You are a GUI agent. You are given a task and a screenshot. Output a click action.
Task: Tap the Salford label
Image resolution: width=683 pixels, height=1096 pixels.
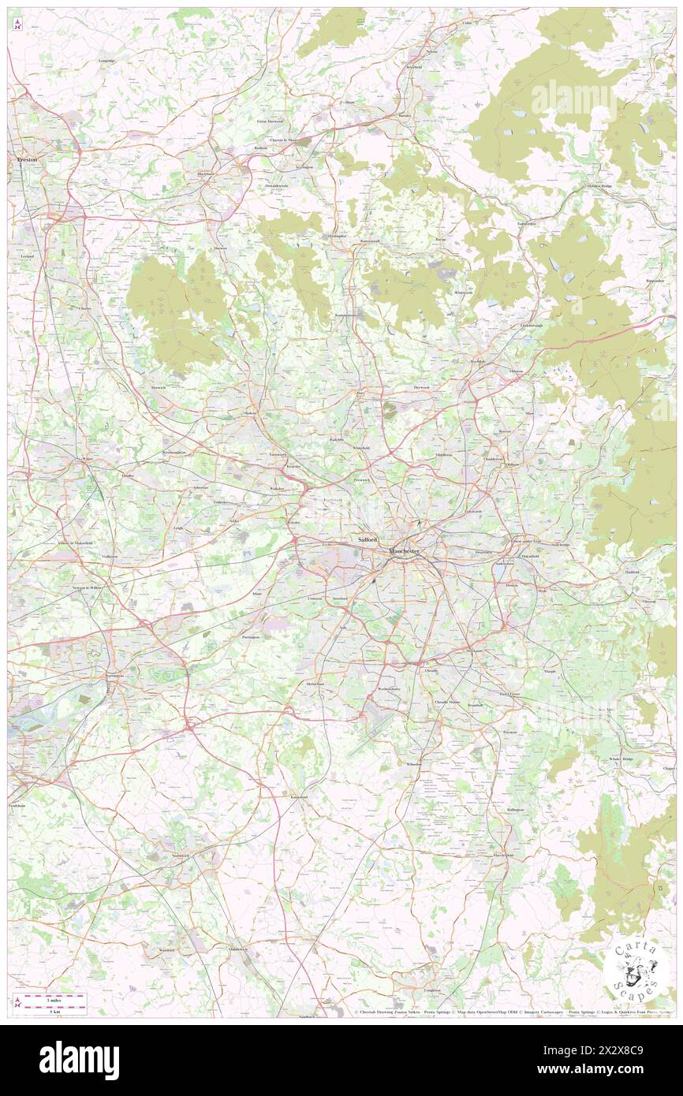point(368,540)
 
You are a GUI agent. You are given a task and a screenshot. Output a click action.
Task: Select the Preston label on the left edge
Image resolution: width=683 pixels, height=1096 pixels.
point(27,158)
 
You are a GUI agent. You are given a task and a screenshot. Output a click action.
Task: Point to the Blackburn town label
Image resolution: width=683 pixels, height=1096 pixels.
point(206,173)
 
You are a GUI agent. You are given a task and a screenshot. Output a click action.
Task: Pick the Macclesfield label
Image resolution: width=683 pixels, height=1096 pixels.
point(503,855)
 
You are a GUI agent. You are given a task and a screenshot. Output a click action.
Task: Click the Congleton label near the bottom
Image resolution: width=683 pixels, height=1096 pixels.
point(432,990)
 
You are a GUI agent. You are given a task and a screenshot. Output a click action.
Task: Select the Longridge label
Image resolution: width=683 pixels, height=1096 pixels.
point(107,61)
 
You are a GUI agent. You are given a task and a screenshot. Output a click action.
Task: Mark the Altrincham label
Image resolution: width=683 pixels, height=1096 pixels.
point(315,684)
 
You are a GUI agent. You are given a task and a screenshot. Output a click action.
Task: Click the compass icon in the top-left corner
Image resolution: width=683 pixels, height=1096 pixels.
point(17,26)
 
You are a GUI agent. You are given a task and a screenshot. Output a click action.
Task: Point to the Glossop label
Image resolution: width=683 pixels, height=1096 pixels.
point(648,602)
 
